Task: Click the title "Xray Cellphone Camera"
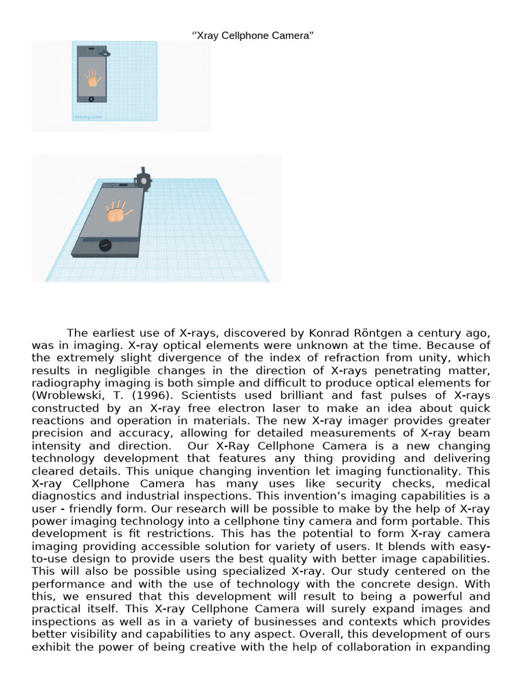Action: click(254, 35)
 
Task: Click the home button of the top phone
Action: click(91, 99)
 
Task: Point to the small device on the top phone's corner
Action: click(105, 51)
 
